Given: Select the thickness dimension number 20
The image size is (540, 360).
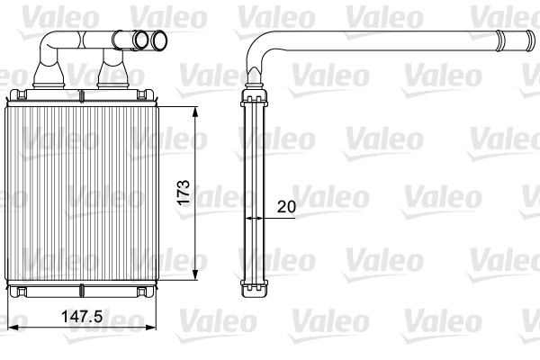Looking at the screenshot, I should coord(286,206).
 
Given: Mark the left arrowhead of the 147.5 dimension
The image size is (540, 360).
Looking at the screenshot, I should coord(11,324).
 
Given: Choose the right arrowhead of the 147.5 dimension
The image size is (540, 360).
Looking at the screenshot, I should coord(157,324).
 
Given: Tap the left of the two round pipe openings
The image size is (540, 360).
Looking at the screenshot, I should coord(139,40).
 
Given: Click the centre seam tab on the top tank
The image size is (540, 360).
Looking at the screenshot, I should coord(82,95).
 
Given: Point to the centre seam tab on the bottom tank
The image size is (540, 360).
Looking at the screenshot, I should coord(82,292).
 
